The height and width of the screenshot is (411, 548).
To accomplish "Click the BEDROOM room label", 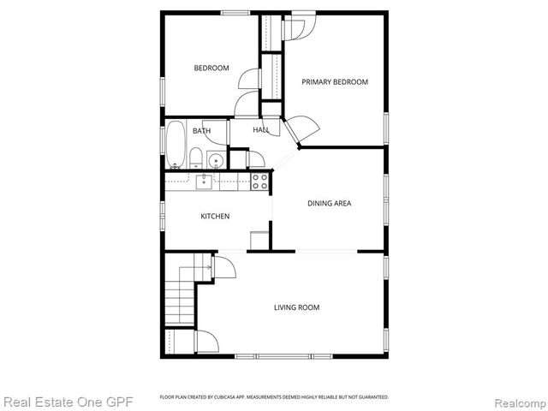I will tap(211, 68).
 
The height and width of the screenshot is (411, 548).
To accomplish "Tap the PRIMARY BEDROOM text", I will tap(335, 82).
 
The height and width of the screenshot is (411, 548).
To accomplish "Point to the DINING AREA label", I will tap(330, 204).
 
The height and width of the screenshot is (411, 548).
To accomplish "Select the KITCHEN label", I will tap(215, 217).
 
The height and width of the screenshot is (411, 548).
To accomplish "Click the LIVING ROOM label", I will tap(297, 307).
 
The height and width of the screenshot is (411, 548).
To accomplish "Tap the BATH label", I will tap(201, 131).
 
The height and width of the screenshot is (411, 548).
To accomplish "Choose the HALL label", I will tap(260, 130).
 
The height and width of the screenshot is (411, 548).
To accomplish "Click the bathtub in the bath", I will tap(176, 144).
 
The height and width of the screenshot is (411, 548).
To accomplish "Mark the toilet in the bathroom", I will tap(195, 158).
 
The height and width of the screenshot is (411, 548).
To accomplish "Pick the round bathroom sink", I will tap(215, 159).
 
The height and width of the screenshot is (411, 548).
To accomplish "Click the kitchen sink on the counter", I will tap(204, 181).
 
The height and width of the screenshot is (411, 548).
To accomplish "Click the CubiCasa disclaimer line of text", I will tap(274, 397).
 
